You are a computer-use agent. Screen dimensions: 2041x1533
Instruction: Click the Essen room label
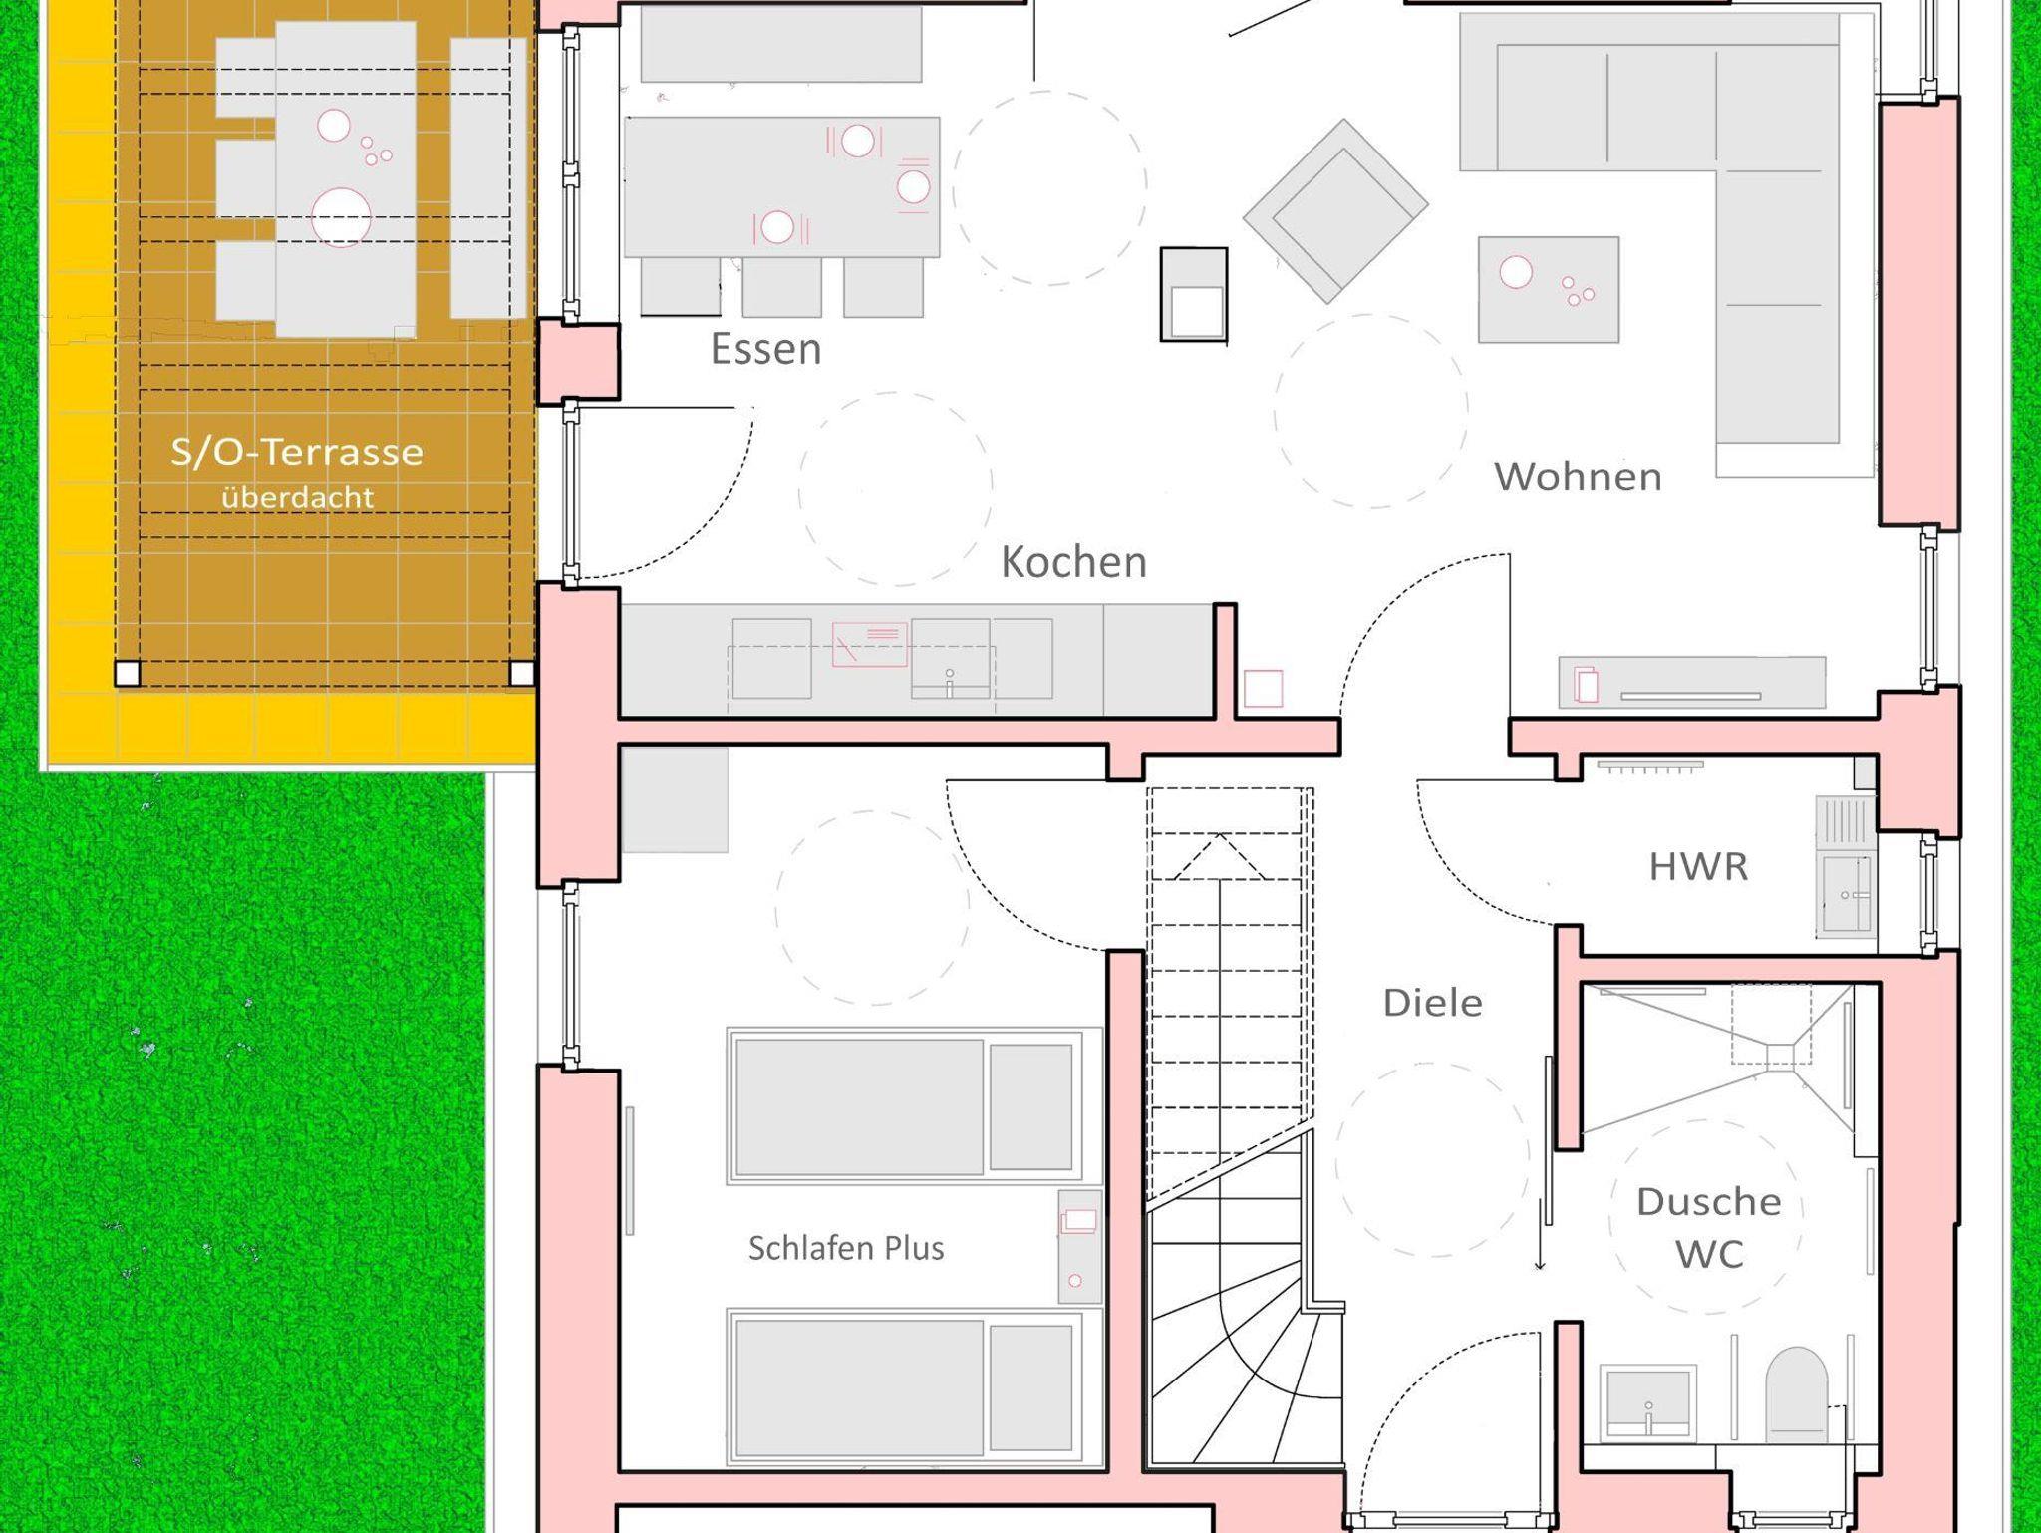[765, 349]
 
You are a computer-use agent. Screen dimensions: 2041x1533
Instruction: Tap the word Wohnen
[1578, 477]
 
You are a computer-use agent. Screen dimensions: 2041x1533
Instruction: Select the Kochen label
[1073, 562]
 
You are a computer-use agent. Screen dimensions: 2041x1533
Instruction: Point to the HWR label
[1698, 866]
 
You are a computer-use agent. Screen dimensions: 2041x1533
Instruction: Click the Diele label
[1432, 1002]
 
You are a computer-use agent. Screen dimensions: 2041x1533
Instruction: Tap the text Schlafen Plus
[846, 1248]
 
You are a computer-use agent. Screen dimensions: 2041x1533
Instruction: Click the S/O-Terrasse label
[297, 453]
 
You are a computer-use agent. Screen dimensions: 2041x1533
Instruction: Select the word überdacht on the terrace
[297, 497]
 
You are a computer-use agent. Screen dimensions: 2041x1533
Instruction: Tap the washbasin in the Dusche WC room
[1647, 1401]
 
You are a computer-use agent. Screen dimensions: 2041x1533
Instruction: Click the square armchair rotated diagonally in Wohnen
[1335, 210]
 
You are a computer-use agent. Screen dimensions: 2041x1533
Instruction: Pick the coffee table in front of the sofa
[1548, 289]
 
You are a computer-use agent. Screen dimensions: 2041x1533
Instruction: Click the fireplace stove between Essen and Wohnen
[1194, 294]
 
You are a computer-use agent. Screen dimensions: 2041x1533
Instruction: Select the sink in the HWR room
[1846, 894]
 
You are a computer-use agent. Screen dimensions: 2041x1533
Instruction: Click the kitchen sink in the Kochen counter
[950, 658]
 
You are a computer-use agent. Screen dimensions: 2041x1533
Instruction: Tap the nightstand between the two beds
[1079, 1246]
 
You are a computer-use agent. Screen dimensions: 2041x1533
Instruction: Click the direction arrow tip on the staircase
[1218, 835]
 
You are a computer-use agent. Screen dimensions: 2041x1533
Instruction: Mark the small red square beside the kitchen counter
[1264, 689]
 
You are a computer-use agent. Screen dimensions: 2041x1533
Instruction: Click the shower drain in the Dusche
[1780, 1055]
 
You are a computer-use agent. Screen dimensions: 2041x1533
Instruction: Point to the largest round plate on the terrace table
[341, 217]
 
